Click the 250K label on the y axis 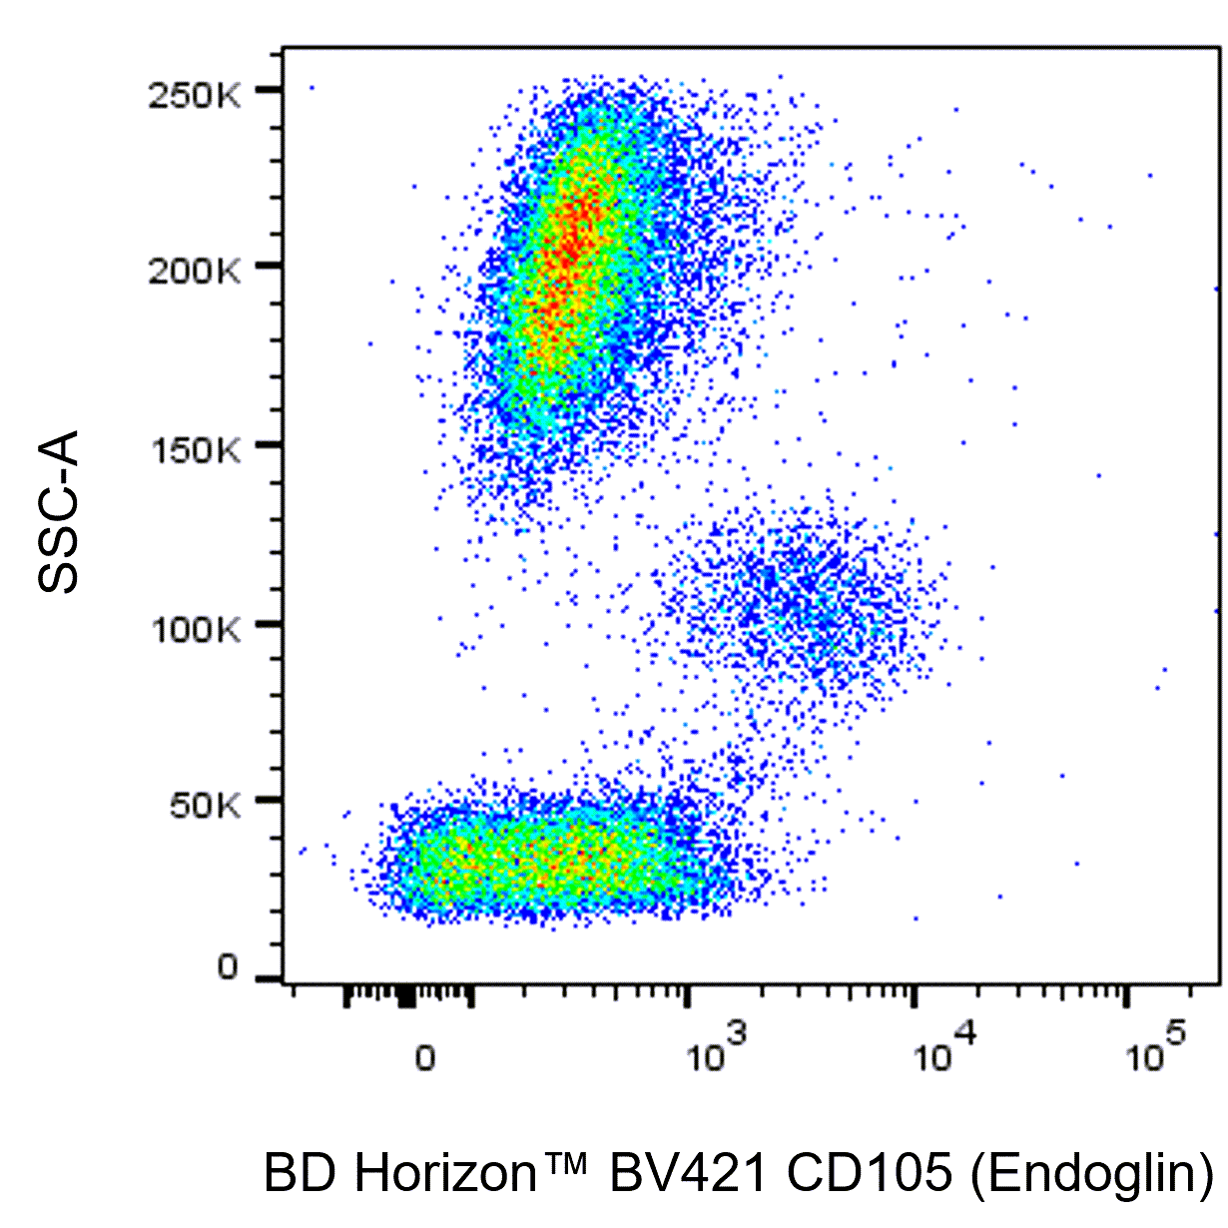pyautogui.click(x=195, y=96)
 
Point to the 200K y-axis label pyautogui.click(x=195, y=271)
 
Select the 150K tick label pyautogui.click(x=195, y=450)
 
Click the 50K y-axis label pyautogui.click(x=205, y=805)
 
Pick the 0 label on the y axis pyautogui.click(x=228, y=967)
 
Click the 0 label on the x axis pyautogui.click(x=425, y=1058)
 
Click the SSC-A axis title pyautogui.click(x=58, y=511)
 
